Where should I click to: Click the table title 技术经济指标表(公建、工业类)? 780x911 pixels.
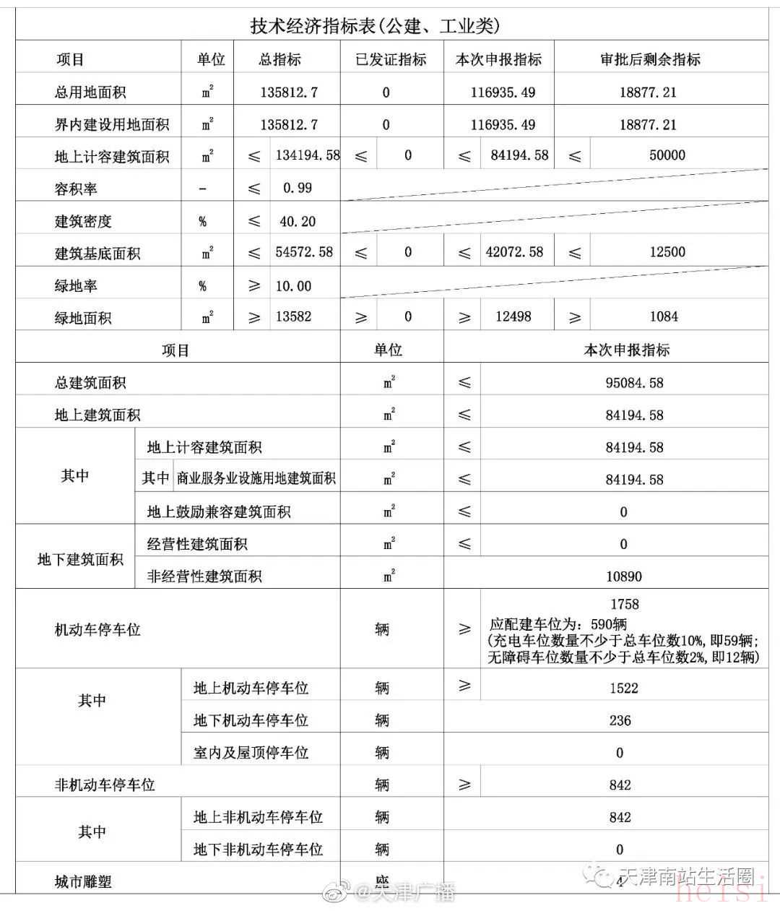click(x=375, y=27)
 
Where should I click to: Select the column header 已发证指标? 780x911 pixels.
click(x=391, y=60)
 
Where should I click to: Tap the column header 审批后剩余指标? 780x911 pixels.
click(x=650, y=60)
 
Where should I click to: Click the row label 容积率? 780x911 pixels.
click(x=76, y=189)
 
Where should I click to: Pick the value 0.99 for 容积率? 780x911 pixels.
click(x=298, y=188)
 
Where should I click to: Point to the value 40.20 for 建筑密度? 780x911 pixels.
click(x=298, y=222)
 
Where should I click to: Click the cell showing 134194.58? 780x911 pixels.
click(x=308, y=155)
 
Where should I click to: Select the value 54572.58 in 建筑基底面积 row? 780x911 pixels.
click(x=304, y=252)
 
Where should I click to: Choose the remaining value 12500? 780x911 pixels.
click(x=667, y=252)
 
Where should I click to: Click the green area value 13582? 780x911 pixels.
click(x=293, y=316)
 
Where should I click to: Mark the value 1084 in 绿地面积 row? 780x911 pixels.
click(x=664, y=316)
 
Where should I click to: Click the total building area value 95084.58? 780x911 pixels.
click(x=634, y=383)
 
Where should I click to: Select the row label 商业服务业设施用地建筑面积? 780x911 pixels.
click(x=256, y=479)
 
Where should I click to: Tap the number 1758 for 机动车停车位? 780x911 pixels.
click(x=625, y=604)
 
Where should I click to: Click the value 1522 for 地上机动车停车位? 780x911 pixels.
click(x=623, y=688)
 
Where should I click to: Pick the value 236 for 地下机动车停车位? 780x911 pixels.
click(x=620, y=720)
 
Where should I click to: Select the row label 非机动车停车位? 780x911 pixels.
click(x=105, y=785)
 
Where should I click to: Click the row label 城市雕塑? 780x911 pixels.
click(x=83, y=882)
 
